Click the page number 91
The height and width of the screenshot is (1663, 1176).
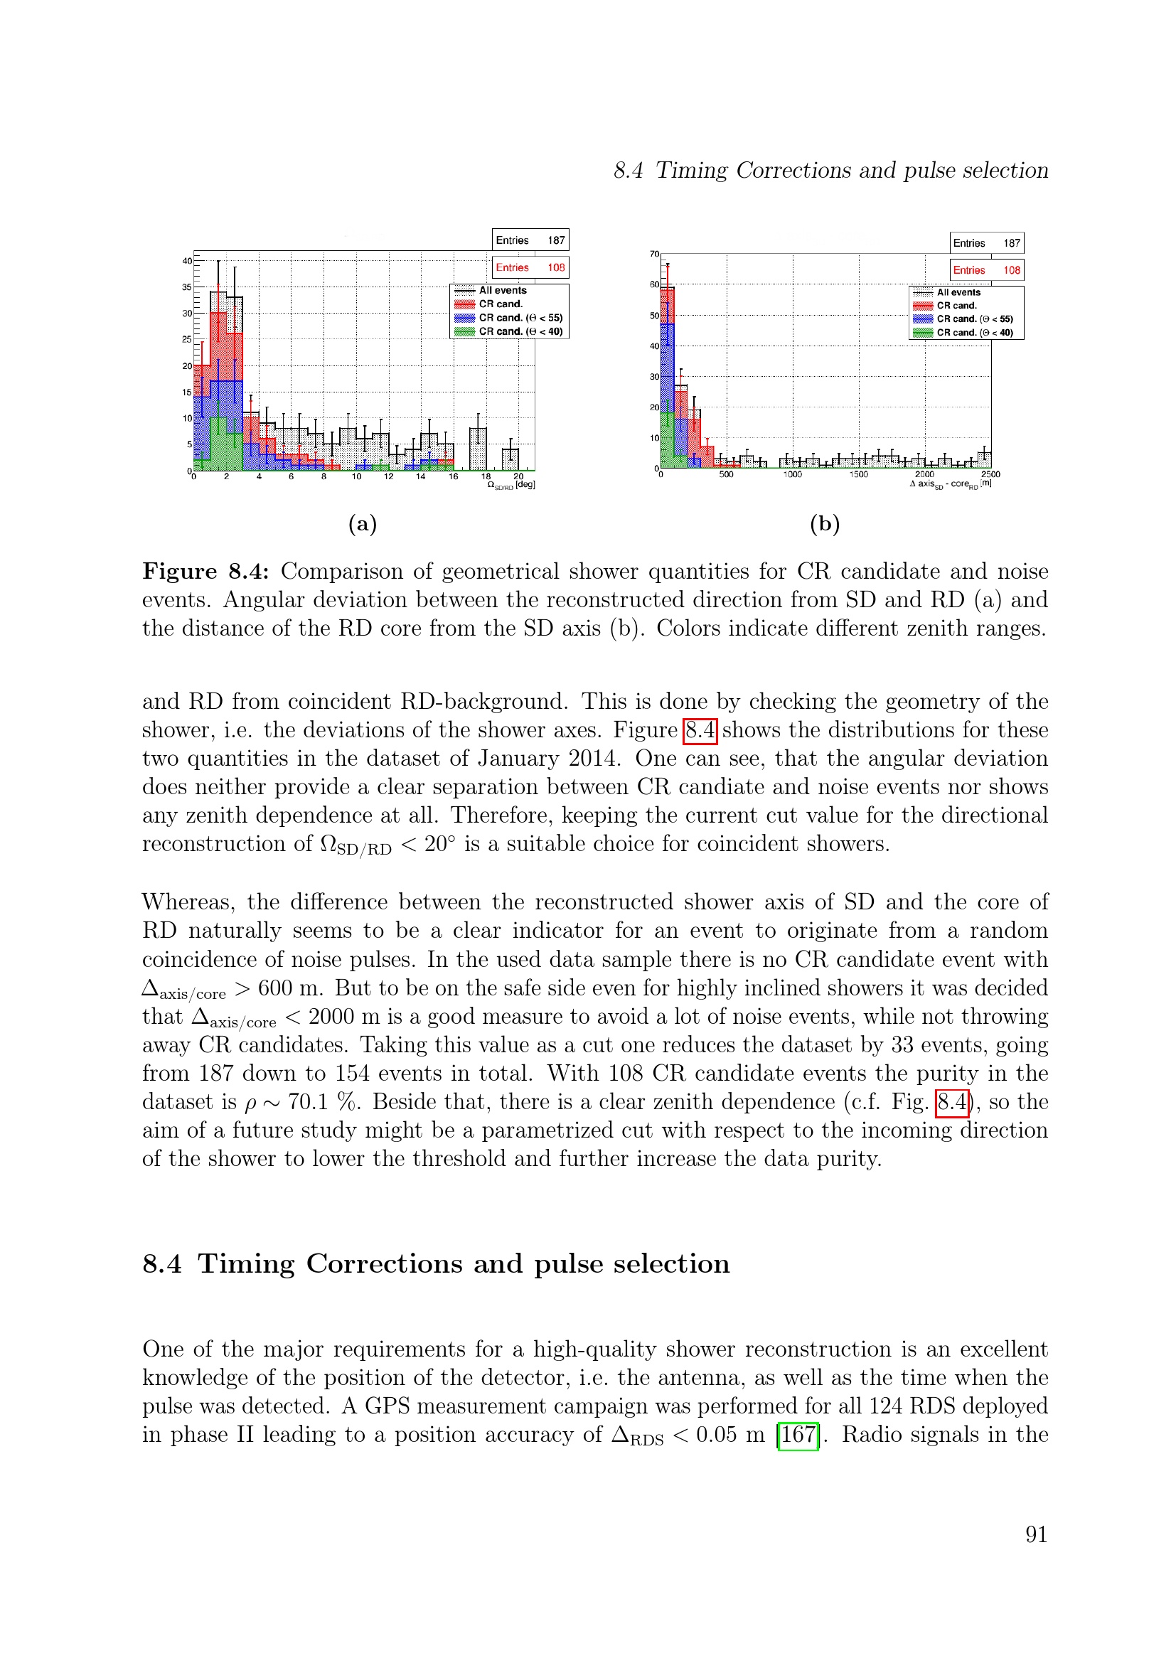click(1035, 1534)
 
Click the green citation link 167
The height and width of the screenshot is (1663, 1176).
click(797, 1434)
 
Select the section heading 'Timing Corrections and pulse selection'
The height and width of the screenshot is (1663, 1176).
click(464, 1263)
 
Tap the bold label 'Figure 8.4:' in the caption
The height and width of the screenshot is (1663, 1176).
click(205, 571)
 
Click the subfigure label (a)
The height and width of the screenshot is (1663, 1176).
click(362, 524)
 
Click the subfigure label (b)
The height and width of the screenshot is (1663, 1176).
click(825, 524)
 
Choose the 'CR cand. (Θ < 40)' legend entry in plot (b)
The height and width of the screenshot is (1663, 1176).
click(974, 333)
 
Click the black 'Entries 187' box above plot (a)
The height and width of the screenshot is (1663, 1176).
click(530, 240)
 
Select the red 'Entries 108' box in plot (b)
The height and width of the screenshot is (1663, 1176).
click(986, 270)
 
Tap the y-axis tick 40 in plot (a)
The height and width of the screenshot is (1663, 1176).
click(187, 261)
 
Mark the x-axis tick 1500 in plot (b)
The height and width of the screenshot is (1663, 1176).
click(858, 474)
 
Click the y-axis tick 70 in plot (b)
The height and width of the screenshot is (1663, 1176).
click(654, 255)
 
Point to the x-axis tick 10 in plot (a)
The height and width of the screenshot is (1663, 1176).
click(356, 476)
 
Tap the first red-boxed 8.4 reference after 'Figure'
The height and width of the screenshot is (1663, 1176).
click(700, 729)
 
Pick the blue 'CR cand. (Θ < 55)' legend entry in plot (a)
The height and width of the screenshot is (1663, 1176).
click(520, 318)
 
